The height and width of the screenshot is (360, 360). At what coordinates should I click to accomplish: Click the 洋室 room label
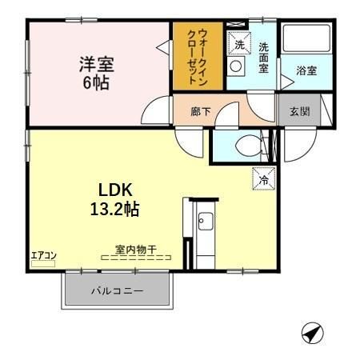click(x=95, y=62)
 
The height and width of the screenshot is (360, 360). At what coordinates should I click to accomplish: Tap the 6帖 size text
click(x=96, y=81)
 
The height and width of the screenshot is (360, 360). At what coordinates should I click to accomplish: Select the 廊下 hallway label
click(x=200, y=112)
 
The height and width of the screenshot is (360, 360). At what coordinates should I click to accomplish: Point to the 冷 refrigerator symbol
click(x=262, y=179)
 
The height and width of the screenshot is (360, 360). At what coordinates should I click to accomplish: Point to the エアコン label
click(x=43, y=255)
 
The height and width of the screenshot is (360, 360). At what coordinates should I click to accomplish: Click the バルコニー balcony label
click(x=117, y=291)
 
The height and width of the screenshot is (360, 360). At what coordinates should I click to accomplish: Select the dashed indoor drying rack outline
click(x=136, y=258)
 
